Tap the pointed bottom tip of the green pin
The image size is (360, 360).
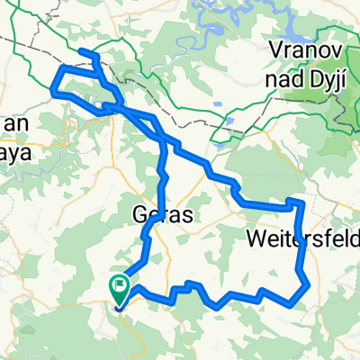[x=119, y=302]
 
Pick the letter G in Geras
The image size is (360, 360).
[x=138, y=215]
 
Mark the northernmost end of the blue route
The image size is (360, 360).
[x=82, y=53]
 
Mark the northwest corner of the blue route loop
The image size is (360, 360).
[x=61, y=67]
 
